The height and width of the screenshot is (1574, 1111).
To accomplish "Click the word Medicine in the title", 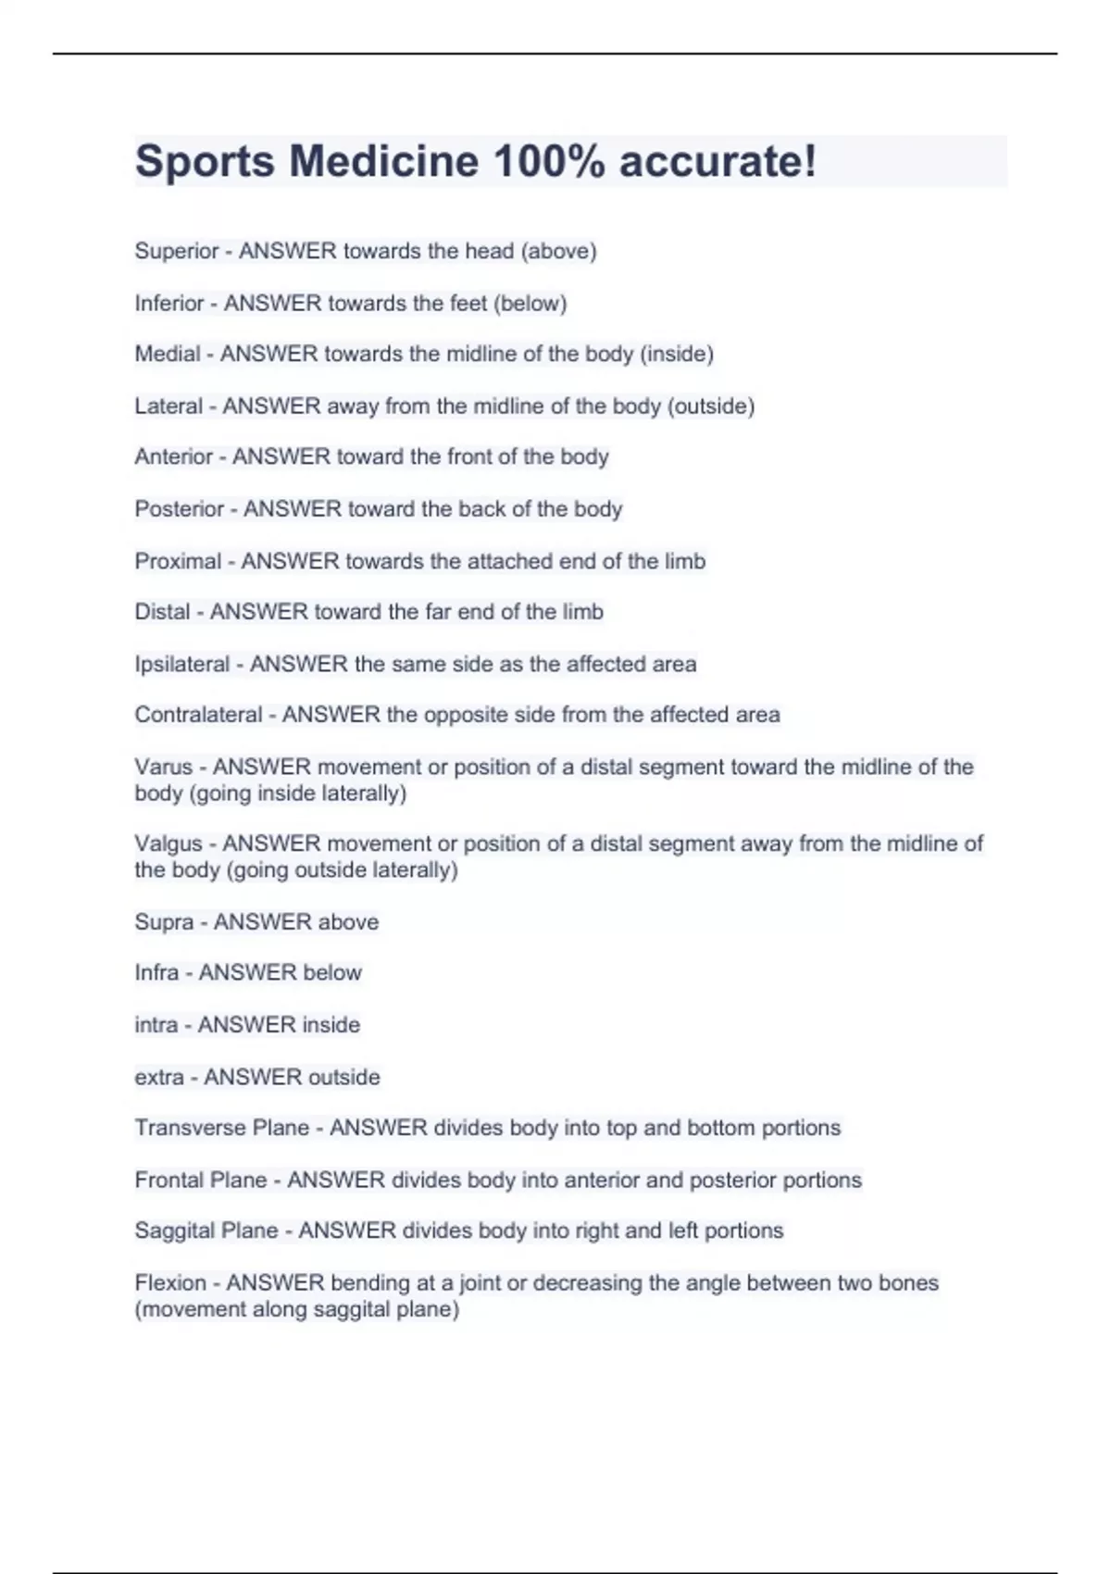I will [383, 161].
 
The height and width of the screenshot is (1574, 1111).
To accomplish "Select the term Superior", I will [177, 251].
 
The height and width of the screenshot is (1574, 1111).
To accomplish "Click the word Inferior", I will [169, 303].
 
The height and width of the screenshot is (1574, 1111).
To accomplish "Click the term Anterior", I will [174, 456].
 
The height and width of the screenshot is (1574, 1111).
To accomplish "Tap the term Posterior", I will [180, 508].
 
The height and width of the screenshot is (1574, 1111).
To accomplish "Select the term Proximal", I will [178, 561].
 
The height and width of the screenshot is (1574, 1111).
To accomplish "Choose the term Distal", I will [162, 612].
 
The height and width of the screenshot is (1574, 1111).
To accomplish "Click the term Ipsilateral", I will [182, 664].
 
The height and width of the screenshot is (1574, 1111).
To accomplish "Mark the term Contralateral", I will [199, 715].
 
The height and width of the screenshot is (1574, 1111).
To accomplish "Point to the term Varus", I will [163, 767].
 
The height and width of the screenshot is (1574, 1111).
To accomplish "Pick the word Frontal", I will [168, 1180].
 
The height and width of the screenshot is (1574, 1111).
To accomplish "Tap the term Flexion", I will [170, 1283].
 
